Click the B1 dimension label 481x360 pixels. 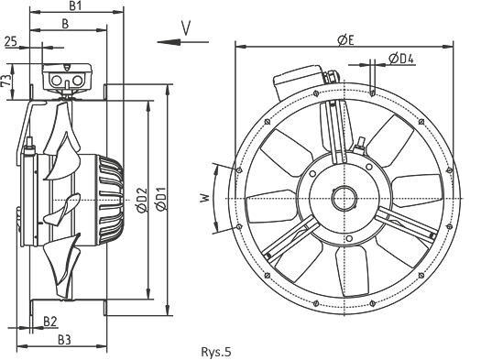coord(75,5)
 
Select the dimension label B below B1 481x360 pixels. coord(65,24)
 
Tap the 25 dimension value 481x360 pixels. coord(11,41)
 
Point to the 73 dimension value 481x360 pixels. coord(6,81)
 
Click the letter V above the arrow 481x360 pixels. coord(186,28)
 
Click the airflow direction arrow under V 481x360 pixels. coord(183,42)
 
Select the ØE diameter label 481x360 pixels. coord(345,40)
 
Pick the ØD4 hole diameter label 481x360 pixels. coord(401,59)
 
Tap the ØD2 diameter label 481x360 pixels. coord(142,200)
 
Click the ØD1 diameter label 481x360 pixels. coord(160,199)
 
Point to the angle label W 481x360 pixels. coord(205,198)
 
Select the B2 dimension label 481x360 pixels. coord(50,322)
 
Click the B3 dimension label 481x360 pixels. coord(64,340)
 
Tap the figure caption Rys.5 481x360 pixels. coord(215,352)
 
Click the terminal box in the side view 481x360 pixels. coord(67,77)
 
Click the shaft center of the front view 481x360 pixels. coord(344,199)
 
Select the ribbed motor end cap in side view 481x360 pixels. coord(111,200)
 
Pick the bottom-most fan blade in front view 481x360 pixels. coord(352,271)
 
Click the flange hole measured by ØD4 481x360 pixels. coord(372,93)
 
